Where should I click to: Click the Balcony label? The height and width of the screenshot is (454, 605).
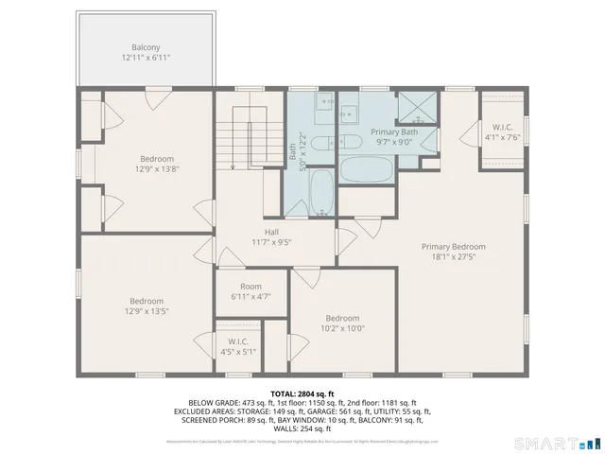click(x=146, y=47)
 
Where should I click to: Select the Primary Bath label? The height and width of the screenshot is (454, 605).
click(x=393, y=131)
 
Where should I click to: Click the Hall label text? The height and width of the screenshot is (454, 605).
click(x=271, y=231)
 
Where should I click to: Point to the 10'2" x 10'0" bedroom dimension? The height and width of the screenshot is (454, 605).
click(x=342, y=329)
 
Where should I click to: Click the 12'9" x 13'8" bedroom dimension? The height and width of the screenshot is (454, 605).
click(x=158, y=169)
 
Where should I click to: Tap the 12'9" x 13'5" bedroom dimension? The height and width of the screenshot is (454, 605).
click(x=147, y=311)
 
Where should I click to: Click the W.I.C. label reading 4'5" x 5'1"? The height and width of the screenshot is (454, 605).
click(x=238, y=352)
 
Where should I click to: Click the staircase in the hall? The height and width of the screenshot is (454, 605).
click(x=251, y=137)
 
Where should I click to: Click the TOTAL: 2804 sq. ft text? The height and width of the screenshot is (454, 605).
click(x=302, y=393)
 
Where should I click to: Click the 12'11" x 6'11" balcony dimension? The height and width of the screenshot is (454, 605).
click(x=146, y=58)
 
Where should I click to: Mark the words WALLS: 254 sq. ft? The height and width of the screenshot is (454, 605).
click(x=302, y=428)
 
